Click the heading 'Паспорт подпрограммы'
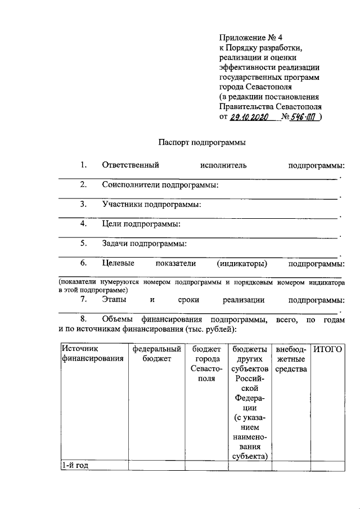coord(201,143)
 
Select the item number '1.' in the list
coord(84,165)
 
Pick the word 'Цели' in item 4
coord(111,224)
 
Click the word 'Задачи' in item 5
coord(115,244)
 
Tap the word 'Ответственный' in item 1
coord(130,165)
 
